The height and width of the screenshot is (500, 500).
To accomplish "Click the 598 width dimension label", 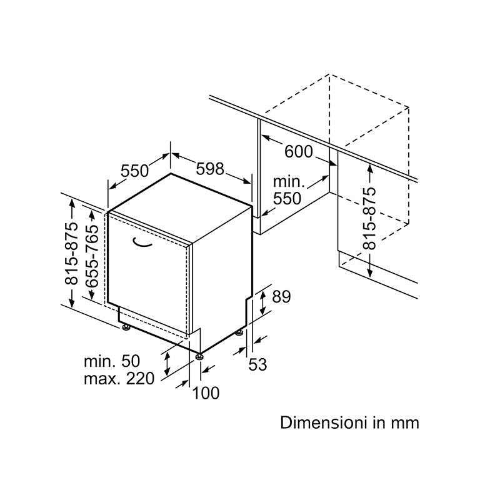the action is pyautogui.click(x=210, y=169).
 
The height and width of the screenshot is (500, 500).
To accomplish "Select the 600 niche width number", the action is pyautogui.click(x=299, y=151).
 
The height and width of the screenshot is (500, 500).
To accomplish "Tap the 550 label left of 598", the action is pyautogui.click(x=134, y=171).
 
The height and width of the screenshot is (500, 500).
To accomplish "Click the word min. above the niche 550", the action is pyautogui.click(x=289, y=182).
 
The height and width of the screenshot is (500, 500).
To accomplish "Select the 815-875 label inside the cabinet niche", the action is pyautogui.click(x=370, y=218).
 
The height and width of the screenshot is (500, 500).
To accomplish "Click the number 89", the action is pyautogui.click(x=281, y=296).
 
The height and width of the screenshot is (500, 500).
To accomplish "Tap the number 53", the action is pyautogui.click(x=257, y=364).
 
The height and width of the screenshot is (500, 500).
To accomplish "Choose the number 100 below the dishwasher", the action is pyautogui.click(x=206, y=393).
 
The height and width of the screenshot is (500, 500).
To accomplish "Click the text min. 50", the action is pyautogui.click(x=112, y=361).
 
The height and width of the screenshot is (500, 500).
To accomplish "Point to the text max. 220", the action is pyautogui.click(x=119, y=379).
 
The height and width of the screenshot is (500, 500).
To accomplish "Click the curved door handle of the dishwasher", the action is pyautogui.click(x=142, y=242).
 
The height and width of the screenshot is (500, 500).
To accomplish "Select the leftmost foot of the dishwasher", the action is pyautogui.click(x=126, y=327).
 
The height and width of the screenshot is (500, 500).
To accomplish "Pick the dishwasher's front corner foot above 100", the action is pyautogui.click(x=199, y=356).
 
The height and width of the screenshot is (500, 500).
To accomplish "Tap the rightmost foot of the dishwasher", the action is pyautogui.click(x=239, y=333).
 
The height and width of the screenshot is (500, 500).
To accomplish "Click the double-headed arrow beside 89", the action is pyautogui.click(x=262, y=303).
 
